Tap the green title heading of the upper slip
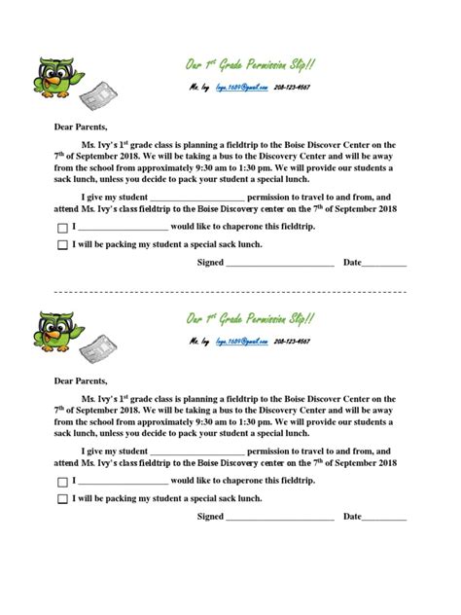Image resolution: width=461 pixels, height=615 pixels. coord(250,65)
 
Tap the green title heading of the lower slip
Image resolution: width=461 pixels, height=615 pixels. coord(250,320)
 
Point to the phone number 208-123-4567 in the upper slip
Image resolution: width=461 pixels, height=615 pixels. coord(293,88)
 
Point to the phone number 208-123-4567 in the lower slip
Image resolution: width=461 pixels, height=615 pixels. coord(293,343)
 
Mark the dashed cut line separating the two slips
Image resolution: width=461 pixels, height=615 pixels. coord(230,291)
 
